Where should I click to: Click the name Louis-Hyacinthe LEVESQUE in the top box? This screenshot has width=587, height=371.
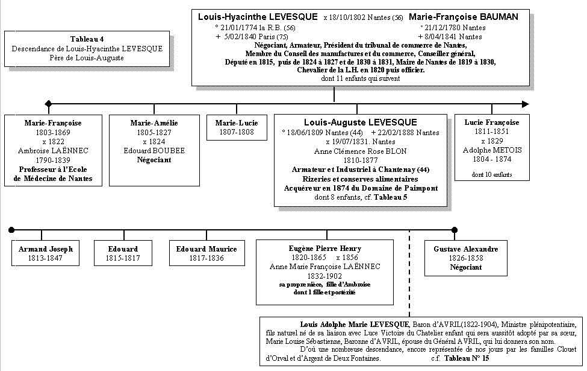tap(258, 17)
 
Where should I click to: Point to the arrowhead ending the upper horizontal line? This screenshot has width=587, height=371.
tap(526, 104)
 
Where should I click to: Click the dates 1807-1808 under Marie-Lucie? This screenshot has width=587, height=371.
tap(237, 132)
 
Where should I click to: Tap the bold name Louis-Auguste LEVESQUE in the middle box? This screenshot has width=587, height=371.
tap(360, 122)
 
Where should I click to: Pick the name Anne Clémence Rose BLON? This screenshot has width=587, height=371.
tap(360, 151)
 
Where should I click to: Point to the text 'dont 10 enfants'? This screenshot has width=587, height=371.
tap(492, 175)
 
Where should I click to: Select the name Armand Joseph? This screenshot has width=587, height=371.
tap(46, 249)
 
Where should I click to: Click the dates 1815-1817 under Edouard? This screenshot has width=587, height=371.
tap(123, 258)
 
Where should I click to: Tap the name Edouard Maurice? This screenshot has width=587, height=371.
tap(207, 249)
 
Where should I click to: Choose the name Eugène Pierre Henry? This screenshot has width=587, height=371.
tap(325, 249)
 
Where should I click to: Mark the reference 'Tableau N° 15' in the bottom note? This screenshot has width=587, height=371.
tap(467, 358)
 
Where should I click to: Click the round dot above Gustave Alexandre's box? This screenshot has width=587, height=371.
tap(455, 229)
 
